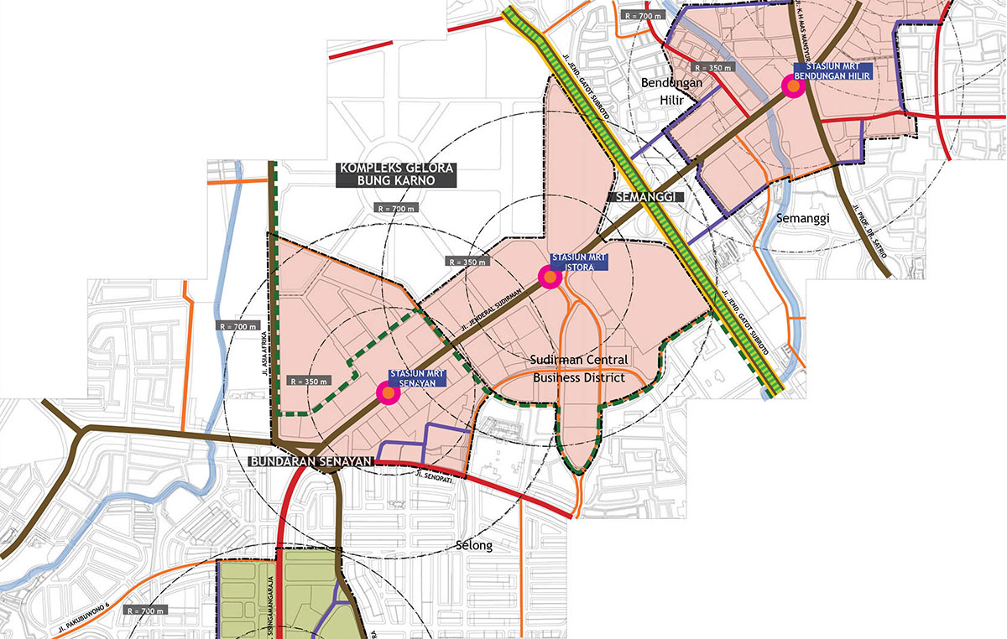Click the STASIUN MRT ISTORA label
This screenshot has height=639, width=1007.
click(578, 261)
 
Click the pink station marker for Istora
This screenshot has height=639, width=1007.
click(549, 278)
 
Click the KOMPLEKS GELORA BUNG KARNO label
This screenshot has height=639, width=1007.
click(396, 174)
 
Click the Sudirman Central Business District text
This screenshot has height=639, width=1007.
click(579, 369)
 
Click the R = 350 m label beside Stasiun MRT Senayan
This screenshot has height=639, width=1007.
click(308, 381)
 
